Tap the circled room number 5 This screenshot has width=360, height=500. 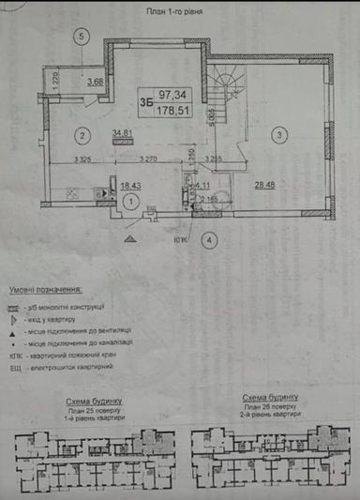pyautogui.click(x=83, y=37)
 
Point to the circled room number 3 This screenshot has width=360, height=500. pyautogui.click(x=279, y=136)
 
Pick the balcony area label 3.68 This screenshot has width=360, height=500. pyautogui.click(x=95, y=81)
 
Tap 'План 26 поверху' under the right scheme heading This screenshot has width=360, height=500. pyautogui.click(x=269, y=410)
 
